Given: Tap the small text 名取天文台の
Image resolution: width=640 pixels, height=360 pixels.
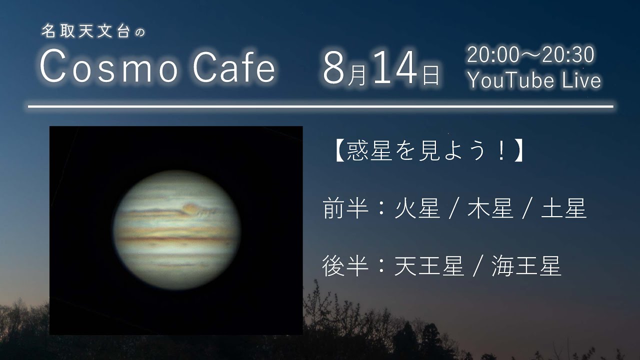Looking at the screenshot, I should pos(93,32).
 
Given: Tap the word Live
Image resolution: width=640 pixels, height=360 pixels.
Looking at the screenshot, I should pos(581,80).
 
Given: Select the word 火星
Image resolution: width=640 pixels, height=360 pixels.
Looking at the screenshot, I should pos(417,209).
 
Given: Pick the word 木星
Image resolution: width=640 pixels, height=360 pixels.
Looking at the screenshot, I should pos(490,209).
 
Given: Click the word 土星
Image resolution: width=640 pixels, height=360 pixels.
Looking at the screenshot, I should pos(564,209).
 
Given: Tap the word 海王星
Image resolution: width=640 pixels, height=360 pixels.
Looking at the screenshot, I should pos(526,266).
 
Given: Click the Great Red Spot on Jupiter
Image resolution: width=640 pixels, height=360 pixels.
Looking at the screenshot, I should pos(191,207).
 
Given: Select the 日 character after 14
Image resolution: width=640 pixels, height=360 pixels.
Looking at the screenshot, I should pos(430,75).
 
